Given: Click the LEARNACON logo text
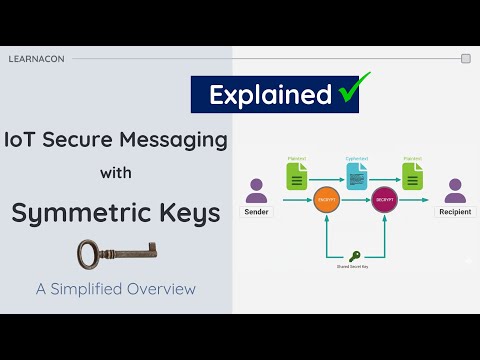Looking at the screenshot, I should (36, 59).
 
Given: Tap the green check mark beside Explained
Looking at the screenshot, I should (349, 92).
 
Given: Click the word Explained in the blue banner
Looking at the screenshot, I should (270, 95).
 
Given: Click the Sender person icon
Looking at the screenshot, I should (257, 190).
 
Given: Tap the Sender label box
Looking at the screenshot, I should (257, 212).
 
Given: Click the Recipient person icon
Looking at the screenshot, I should (455, 190).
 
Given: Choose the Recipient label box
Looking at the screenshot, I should (454, 212).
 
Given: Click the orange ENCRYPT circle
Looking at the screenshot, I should (324, 201).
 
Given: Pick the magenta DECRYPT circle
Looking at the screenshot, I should (384, 201).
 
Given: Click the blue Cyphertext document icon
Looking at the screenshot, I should (356, 177).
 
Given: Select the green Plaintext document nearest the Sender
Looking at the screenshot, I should (296, 176).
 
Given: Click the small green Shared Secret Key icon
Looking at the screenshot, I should (355, 257).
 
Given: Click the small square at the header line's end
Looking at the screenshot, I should (465, 59).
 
